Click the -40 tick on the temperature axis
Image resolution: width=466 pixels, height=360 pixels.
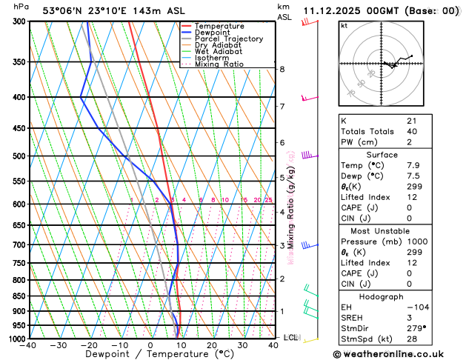[x=28, y=345]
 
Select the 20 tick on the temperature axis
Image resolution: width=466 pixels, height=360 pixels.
[x=212, y=345]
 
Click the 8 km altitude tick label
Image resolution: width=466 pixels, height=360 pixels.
[x=282, y=70]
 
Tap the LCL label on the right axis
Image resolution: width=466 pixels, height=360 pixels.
[x=290, y=338]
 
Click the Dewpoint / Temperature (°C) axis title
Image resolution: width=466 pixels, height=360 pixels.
[x=150, y=354]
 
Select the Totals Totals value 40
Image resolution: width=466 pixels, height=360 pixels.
[x=412, y=131]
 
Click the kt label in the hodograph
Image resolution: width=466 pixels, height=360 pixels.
[x=344, y=25]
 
